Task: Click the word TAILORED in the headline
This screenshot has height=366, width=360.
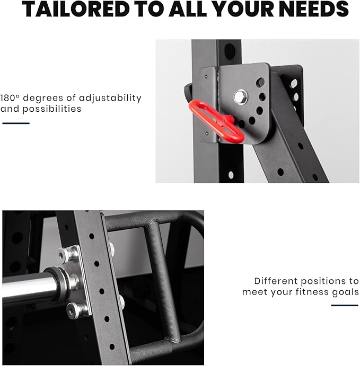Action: pos(76,9)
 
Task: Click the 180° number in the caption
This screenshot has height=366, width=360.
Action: pos(10,98)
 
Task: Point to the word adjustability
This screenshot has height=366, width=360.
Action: pos(110,99)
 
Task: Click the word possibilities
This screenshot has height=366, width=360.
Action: pos(52,109)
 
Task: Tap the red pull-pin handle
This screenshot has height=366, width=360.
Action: pos(216,121)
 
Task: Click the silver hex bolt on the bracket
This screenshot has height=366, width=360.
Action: pos(240,97)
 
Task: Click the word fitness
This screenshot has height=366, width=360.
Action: pos(312,292)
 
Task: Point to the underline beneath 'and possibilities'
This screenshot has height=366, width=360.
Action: pos(16,123)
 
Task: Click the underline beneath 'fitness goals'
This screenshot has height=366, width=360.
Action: pos(344,305)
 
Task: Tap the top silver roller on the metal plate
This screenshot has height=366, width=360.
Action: pos(67,255)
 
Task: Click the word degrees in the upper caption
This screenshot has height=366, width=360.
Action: pos(43,99)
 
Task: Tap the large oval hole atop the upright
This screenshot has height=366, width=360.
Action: pos(230,51)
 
